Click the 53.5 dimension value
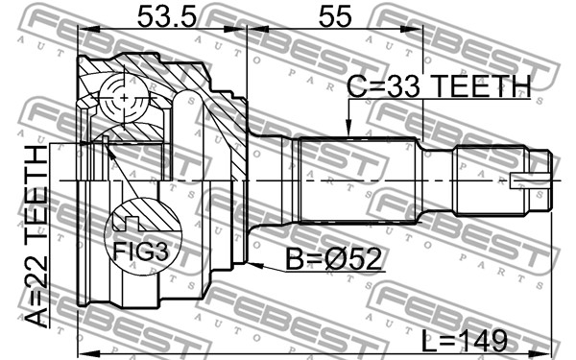(167, 16)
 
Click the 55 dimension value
(335, 16)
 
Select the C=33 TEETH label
(439, 86)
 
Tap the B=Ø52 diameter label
(333, 259)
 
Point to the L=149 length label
(464, 341)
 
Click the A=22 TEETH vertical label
(36, 236)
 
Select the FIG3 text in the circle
(140, 252)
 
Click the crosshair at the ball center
(124, 98)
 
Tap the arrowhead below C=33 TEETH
(348, 128)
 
